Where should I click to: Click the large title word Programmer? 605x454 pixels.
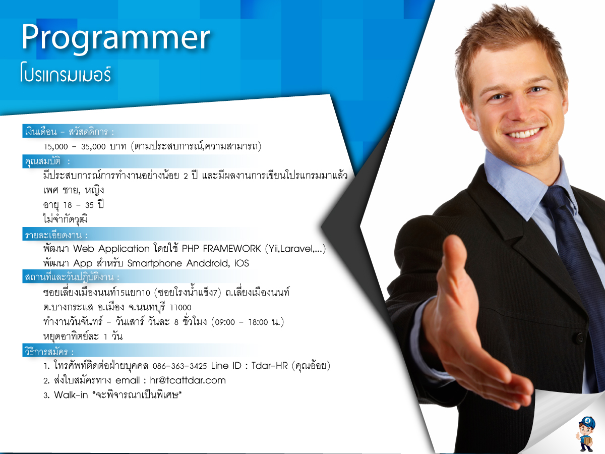pyautogui.click(x=116, y=39)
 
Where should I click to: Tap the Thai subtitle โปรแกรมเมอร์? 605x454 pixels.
pyautogui.click(x=66, y=73)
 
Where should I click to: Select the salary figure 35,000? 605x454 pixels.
pyautogui.click(x=93, y=147)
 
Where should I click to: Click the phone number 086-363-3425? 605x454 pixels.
pyautogui.click(x=179, y=366)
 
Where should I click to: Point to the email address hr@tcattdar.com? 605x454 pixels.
pyautogui.click(x=188, y=380)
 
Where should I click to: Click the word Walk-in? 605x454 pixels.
pyautogui.click(x=71, y=395)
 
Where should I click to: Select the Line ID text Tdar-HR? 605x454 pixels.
pyautogui.click(x=270, y=366)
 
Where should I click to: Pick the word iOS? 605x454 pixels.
pyautogui.click(x=241, y=263)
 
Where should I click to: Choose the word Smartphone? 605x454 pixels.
pyautogui.click(x=155, y=263)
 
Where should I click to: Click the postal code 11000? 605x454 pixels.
pyautogui.click(x=180, y=308)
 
